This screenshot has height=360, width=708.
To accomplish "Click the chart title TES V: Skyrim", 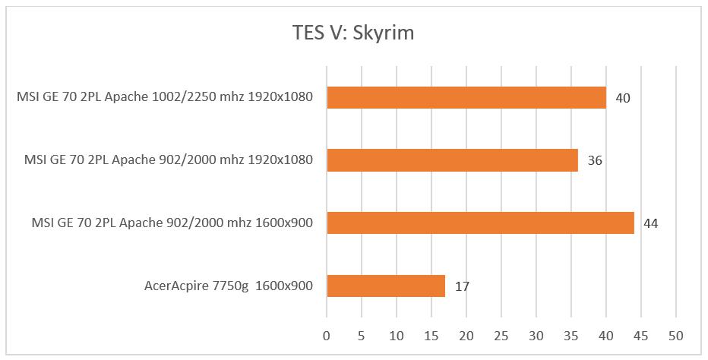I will [353, 33].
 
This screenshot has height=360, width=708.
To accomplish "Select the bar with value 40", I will [466, 97].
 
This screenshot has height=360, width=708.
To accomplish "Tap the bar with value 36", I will [452, 160].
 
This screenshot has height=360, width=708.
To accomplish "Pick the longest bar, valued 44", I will [480, 223].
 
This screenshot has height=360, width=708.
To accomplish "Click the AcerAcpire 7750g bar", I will [386, 286].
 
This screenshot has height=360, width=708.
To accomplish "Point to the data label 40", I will [624, 98].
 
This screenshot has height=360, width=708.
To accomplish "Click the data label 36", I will [596, 161].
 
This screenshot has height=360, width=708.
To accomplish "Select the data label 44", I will [651, 223].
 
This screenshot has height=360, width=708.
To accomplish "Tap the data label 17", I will [462, 286].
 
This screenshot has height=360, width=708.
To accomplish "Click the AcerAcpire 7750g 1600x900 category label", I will [229, 286].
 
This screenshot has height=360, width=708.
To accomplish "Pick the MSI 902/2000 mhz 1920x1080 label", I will [169, 160].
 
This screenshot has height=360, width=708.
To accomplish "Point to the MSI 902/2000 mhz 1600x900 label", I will [172, 223].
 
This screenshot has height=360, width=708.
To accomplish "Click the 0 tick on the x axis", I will [327, 335].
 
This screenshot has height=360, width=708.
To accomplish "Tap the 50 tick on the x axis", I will [676, 335].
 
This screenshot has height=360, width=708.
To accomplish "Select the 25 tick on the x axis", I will [501, 335].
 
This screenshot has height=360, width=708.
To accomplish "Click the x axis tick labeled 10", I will [397, 335].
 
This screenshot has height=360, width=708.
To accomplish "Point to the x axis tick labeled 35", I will [571, 335].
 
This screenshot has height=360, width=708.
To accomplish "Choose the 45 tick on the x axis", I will [641, 335].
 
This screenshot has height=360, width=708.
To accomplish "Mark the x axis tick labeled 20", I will [466, 335].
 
